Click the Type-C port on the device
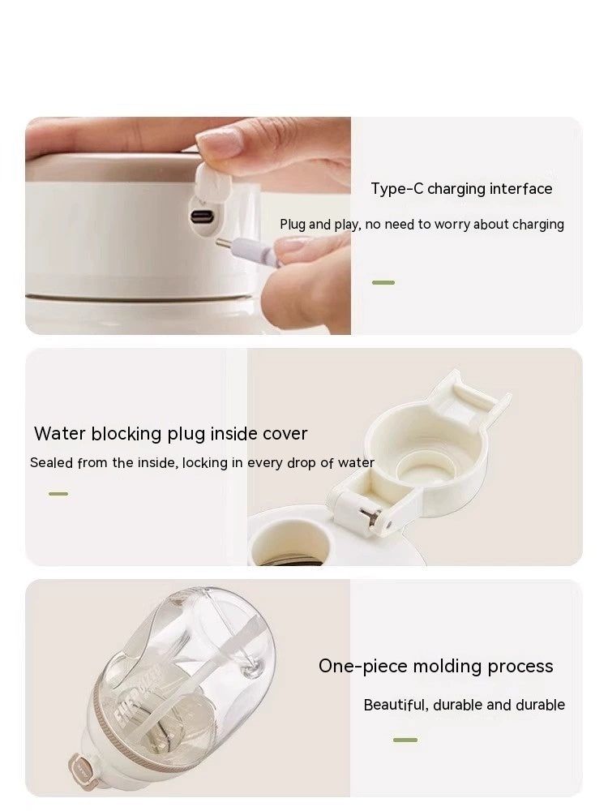[x=202, y=217]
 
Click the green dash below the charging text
[x=383, y=282]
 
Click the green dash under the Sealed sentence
[x=58, y=493]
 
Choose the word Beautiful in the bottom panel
[x=394, y=705]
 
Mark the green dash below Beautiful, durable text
[x=405, y=740]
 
